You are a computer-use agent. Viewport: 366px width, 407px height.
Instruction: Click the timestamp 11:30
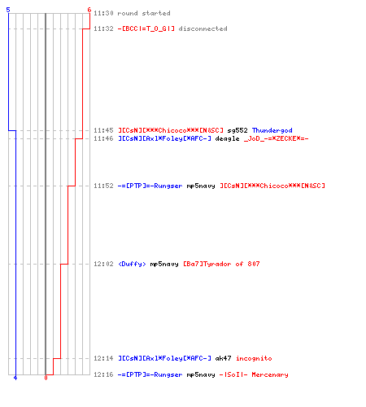(x=103, y=13)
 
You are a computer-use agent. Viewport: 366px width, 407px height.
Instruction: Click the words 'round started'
(x=144, y=13)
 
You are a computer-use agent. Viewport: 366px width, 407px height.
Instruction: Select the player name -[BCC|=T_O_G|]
(x=146, y=28)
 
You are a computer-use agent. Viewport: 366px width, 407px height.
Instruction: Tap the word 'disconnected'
(x=203, y=28)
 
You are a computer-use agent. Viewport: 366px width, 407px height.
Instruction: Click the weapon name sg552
(x=237, y=130)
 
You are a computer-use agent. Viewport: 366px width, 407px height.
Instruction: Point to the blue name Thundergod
(x=272, y=130)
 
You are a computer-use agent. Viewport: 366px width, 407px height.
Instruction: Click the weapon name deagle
(x=227, y=138)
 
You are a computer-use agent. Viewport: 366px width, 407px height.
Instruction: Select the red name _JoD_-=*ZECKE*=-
(x=276, y=138)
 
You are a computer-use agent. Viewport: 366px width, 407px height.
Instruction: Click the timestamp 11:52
(x=103, y=186)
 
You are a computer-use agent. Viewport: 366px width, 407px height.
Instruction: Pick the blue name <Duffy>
(x=132, y=264)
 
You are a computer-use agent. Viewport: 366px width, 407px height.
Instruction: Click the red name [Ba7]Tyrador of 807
(x=221, y=264)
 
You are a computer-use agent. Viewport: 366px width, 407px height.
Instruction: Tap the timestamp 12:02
(x=103, y=264)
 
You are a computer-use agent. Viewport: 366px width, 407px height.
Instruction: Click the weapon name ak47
(x=223, y=358)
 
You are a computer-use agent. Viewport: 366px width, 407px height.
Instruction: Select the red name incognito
(x=254, y=358)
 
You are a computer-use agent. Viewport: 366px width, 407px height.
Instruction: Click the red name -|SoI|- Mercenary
(x=254, y=374)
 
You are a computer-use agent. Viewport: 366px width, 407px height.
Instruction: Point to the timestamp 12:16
(x=103, y=374)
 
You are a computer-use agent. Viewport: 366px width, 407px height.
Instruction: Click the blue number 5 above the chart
(x=8, y=10)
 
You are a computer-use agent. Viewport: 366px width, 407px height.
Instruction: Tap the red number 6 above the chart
(x=89, y=10)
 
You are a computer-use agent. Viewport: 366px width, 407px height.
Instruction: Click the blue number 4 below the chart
(x=15, y=378)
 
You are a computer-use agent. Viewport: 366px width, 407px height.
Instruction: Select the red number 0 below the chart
(x=46, y=378)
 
